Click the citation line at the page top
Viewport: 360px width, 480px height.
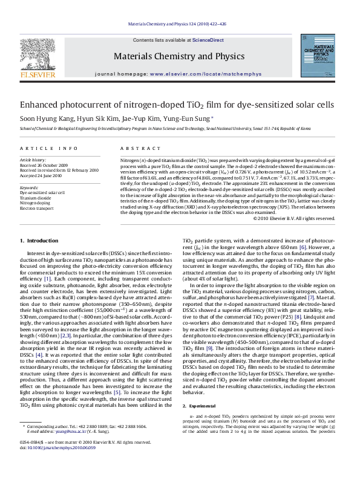[180, 24]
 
